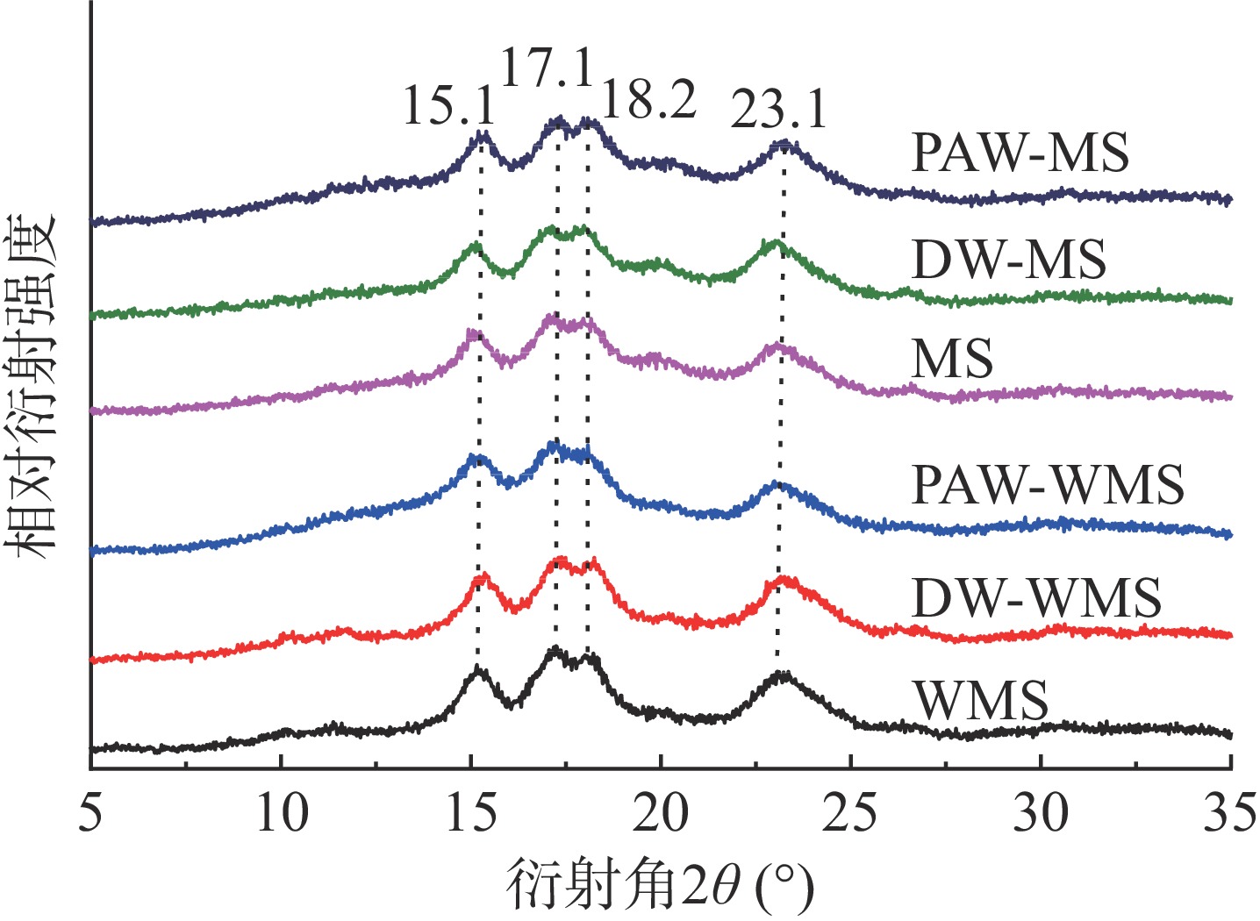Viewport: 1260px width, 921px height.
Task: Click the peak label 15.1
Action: tap(448, 105)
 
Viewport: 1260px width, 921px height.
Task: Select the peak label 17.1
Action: tap(547, 68)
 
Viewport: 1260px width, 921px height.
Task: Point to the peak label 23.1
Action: tap(779, 111)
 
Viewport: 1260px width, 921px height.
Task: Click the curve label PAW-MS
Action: tap(1020, 153)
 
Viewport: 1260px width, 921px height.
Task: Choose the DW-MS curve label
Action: tap(1009, 260)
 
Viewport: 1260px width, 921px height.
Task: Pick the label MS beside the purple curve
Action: tap(952, 359)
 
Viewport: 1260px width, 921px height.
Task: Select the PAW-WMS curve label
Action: tap(1049, 484)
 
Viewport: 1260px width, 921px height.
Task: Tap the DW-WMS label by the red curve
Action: tap(1037, 598)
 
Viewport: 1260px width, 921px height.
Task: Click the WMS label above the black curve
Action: tap(980, 700)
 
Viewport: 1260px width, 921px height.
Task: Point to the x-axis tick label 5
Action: tap(90, 814)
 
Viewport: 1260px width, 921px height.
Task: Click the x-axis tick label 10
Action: tap(282, 814)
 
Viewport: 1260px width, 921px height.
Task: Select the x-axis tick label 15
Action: tap(471, 814)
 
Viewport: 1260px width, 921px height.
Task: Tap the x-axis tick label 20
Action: tap(661, 814)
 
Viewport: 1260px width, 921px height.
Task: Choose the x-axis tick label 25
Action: tap(850, 814)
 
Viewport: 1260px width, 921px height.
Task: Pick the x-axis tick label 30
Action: tap(1041, 814)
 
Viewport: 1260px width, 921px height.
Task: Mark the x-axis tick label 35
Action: tap(1229, 814)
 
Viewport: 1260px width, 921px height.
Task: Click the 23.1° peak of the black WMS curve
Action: tap(780, 675)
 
